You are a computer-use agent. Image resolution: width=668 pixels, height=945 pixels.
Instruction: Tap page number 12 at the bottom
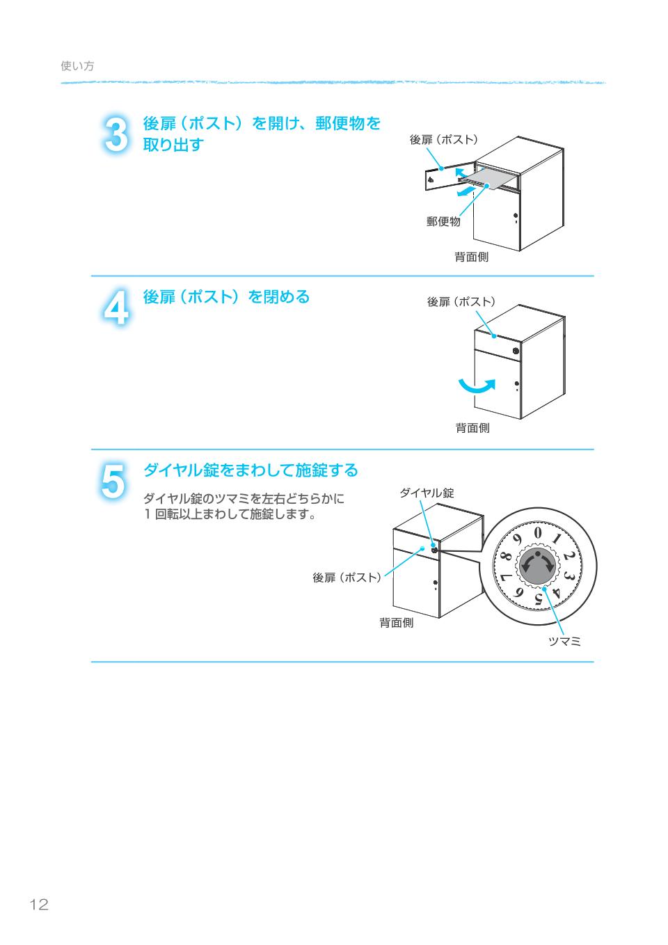point(39,905)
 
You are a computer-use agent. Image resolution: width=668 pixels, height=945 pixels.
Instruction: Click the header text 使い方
point(77,66)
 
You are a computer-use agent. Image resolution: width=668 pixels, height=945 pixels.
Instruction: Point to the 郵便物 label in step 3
point(443,222)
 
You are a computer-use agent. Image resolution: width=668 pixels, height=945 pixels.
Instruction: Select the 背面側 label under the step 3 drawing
point(471,257)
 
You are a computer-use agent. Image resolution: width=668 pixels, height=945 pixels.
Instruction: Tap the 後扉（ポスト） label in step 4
point(461,302)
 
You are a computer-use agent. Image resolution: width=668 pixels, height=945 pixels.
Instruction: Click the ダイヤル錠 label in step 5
point(426,493)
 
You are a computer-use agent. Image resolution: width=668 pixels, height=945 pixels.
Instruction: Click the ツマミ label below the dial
point(564,642)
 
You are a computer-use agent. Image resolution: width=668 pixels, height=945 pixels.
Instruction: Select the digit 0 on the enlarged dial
point(538,532)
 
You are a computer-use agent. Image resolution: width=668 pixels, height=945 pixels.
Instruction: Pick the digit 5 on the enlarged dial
point(538,598)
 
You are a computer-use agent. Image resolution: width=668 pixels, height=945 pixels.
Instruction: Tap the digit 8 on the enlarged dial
point(506,557)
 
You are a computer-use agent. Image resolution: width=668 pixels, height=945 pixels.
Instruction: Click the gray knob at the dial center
point(538,565)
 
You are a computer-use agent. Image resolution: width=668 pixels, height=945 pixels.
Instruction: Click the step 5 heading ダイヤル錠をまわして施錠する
point(250,470)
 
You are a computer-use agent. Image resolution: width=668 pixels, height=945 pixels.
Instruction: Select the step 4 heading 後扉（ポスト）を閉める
point(226,297)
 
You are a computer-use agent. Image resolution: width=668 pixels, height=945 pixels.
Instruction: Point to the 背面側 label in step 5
point(396,623)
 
